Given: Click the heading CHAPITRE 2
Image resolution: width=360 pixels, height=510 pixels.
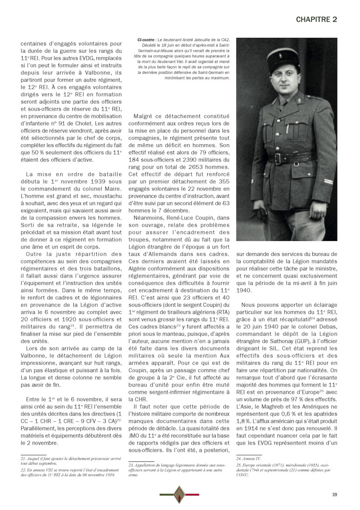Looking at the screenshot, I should click(317, 19).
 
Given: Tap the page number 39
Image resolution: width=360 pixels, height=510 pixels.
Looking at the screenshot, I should click(334, 495).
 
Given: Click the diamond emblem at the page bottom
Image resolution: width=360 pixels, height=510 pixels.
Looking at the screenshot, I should click(179, 495).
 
